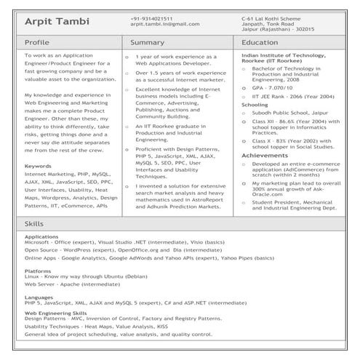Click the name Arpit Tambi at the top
tap(57, 22)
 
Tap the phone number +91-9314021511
tap(152, 17)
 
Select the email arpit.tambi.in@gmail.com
tap(165, 24)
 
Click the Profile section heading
tap(37, 43)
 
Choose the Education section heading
tap(259, 43)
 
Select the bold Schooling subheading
tap(255, 105)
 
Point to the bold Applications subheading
tap(41, 237)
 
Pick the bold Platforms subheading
tap(38, 271)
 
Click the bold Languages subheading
tap(39, 297)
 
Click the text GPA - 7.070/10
tap(272, 87)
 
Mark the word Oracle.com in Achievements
tap(268, 193)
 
